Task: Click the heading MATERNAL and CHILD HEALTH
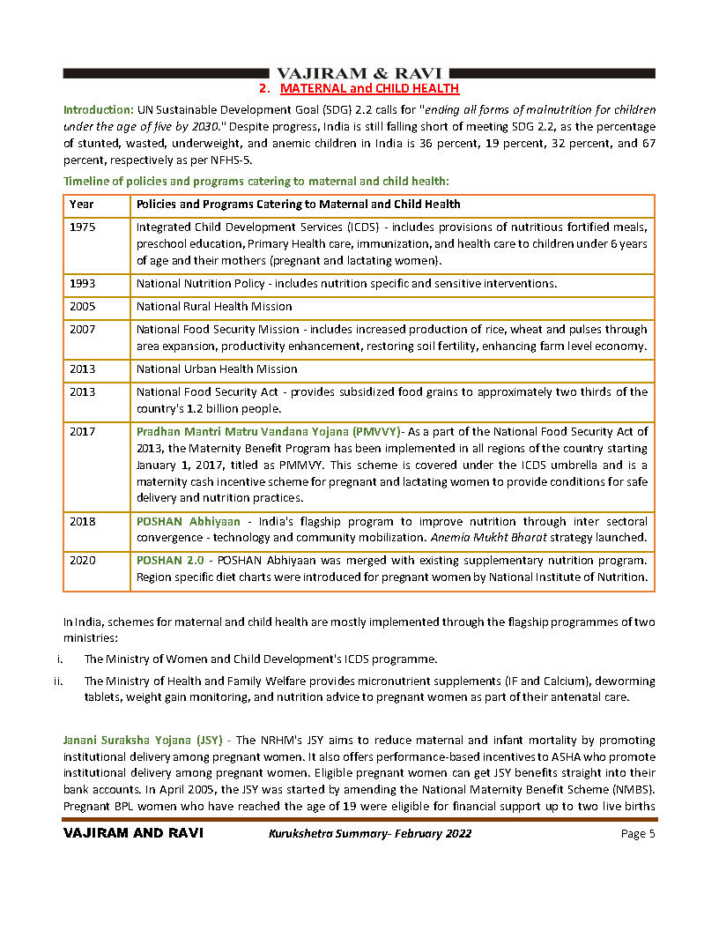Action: tap(369, 89)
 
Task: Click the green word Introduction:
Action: tap(98, 110)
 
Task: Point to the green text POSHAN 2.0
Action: tap(170, 561)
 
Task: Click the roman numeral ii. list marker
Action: tap(58, 681)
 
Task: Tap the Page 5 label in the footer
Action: tap(638, 834)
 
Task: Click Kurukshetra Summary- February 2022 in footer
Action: tap(369, 834)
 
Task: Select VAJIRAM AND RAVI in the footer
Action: tap(133, 834)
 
